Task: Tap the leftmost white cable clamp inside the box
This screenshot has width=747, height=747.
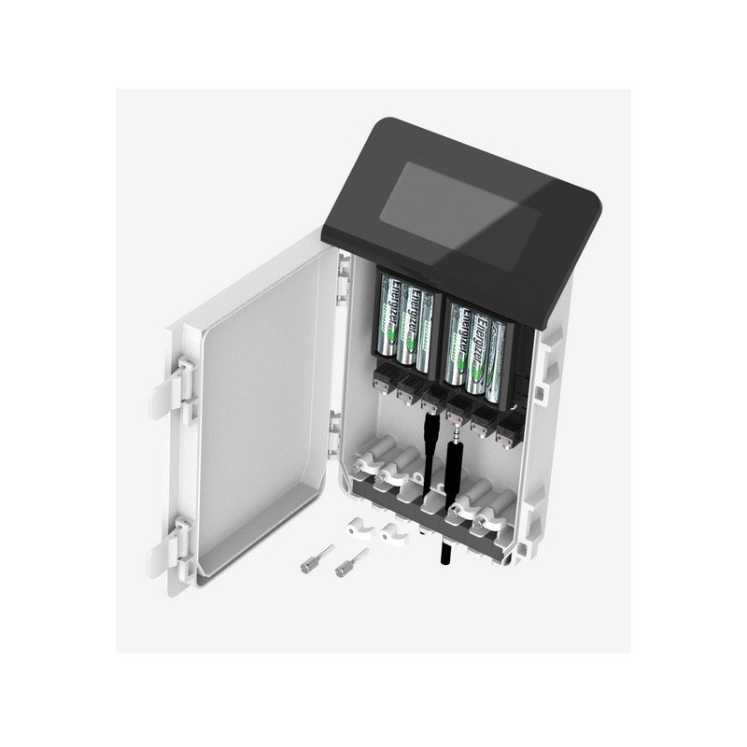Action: pos(368,460)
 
